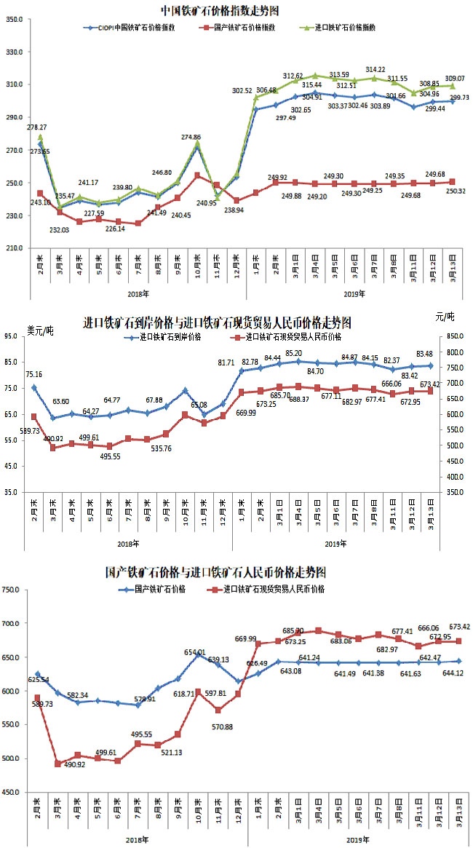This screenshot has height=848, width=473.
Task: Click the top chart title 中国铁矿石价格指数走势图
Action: [220, 11]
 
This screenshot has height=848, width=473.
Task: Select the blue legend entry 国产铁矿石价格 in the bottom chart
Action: [154, 589]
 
